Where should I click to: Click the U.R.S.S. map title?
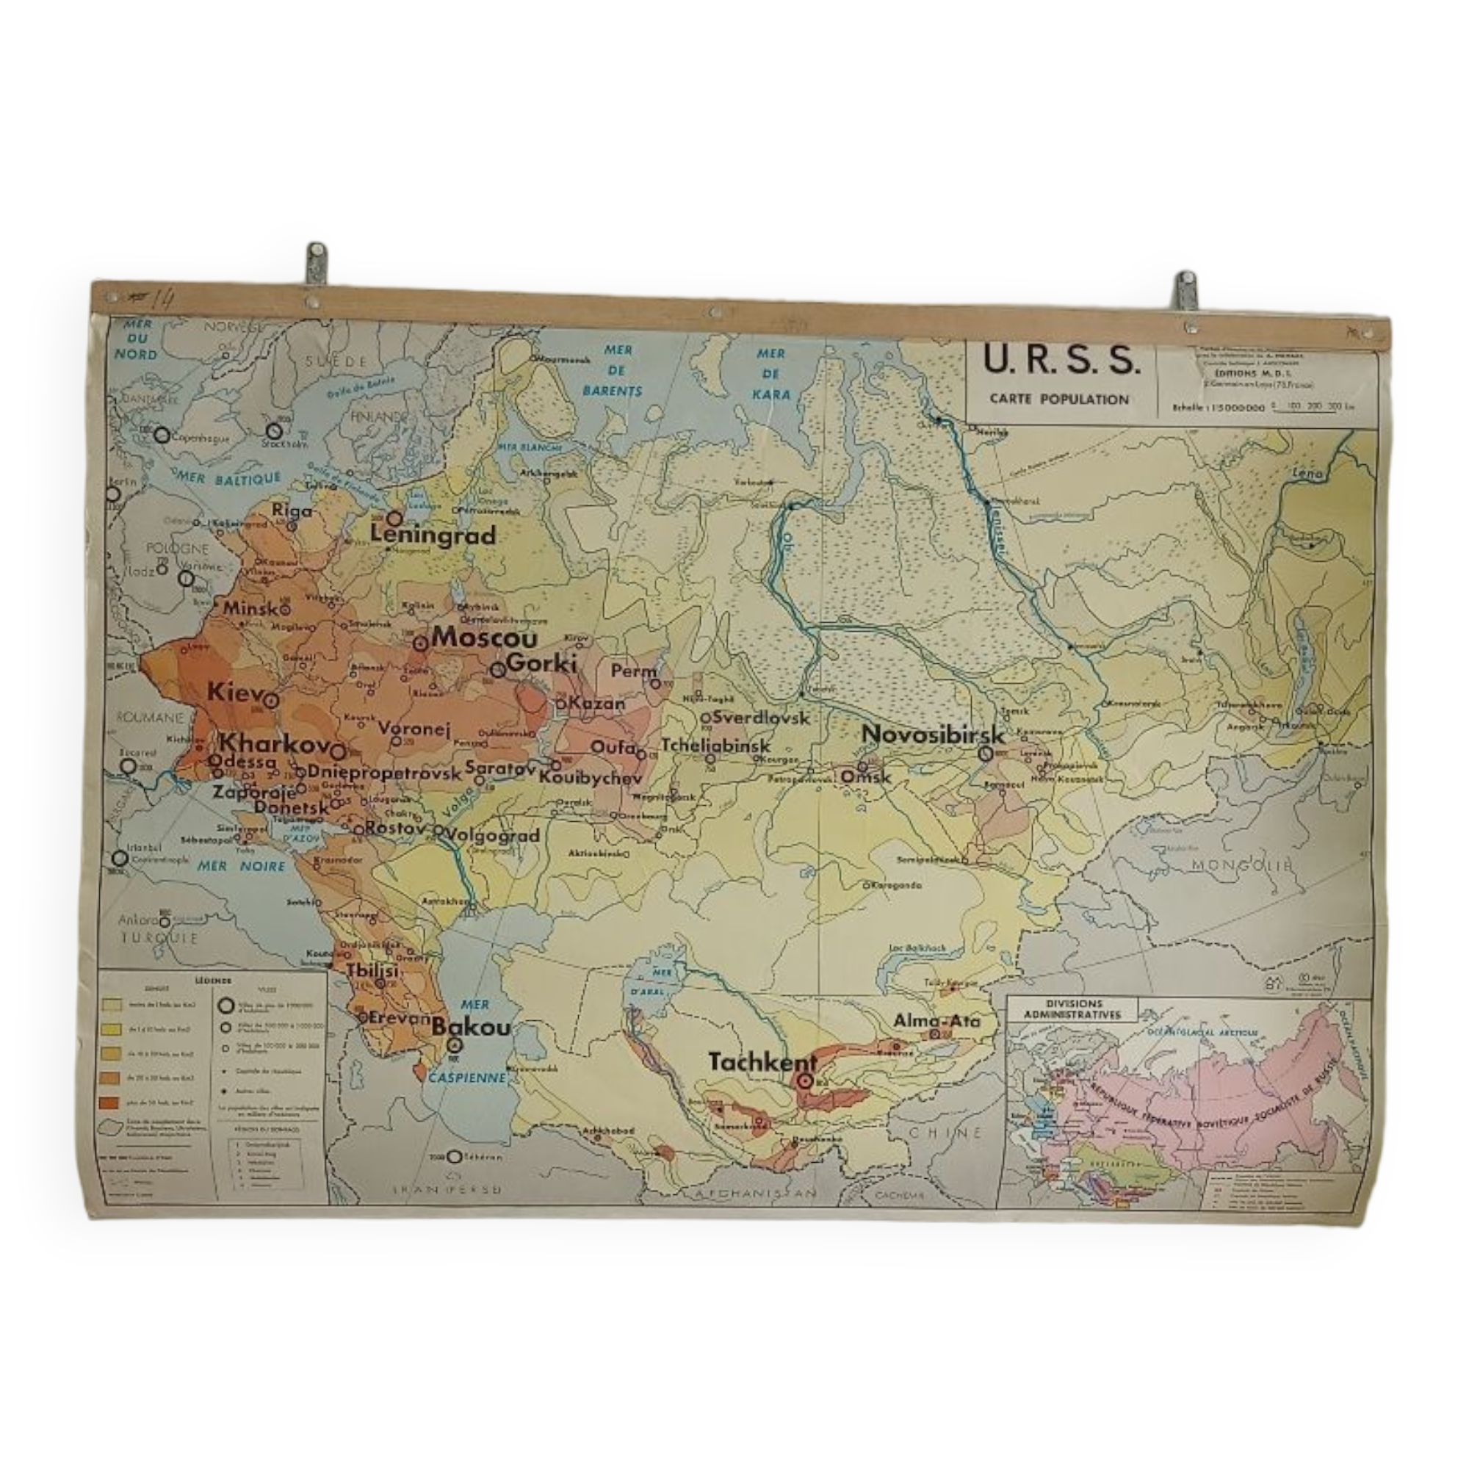click(x=1061, y=361)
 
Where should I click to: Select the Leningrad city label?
click(x=433, y=535)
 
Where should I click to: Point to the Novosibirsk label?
click(x=933, y=734)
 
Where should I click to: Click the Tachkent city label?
click(x=762, y=1062)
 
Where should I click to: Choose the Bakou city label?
click(x=471, y=1028)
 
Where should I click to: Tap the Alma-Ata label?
click(x=936, y=1021)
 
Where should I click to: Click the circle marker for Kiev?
click(x=271, y=701)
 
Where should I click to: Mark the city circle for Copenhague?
click(x=162, y=435)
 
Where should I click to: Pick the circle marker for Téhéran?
click(x=454, y=1157)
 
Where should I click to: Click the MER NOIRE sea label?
click(x=241, y=866)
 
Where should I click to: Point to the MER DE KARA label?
click(x=770, y=374)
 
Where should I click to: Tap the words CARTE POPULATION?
click(x=1059, y=399)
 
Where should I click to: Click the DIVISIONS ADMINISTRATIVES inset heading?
click(x=1073, y=1009)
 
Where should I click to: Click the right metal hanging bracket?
click(x=1185, y=289)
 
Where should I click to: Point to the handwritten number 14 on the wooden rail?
click(x=162, y=298)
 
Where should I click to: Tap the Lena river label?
click(x=1307, y=473)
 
